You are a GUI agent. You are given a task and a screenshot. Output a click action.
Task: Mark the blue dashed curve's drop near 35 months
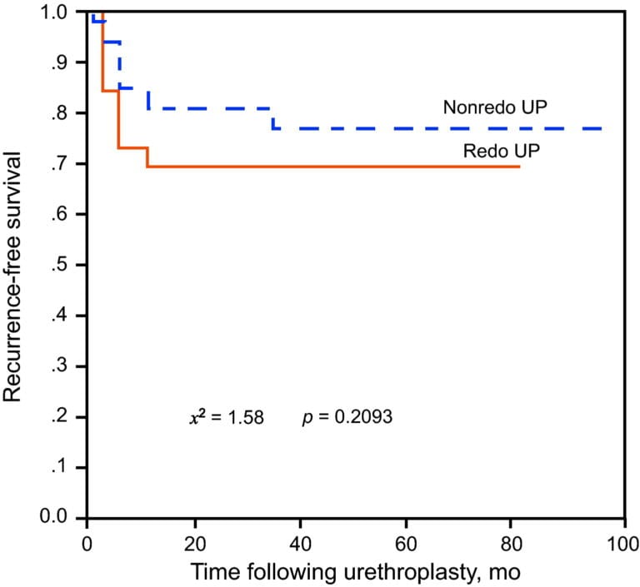[x=272, y=118]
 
